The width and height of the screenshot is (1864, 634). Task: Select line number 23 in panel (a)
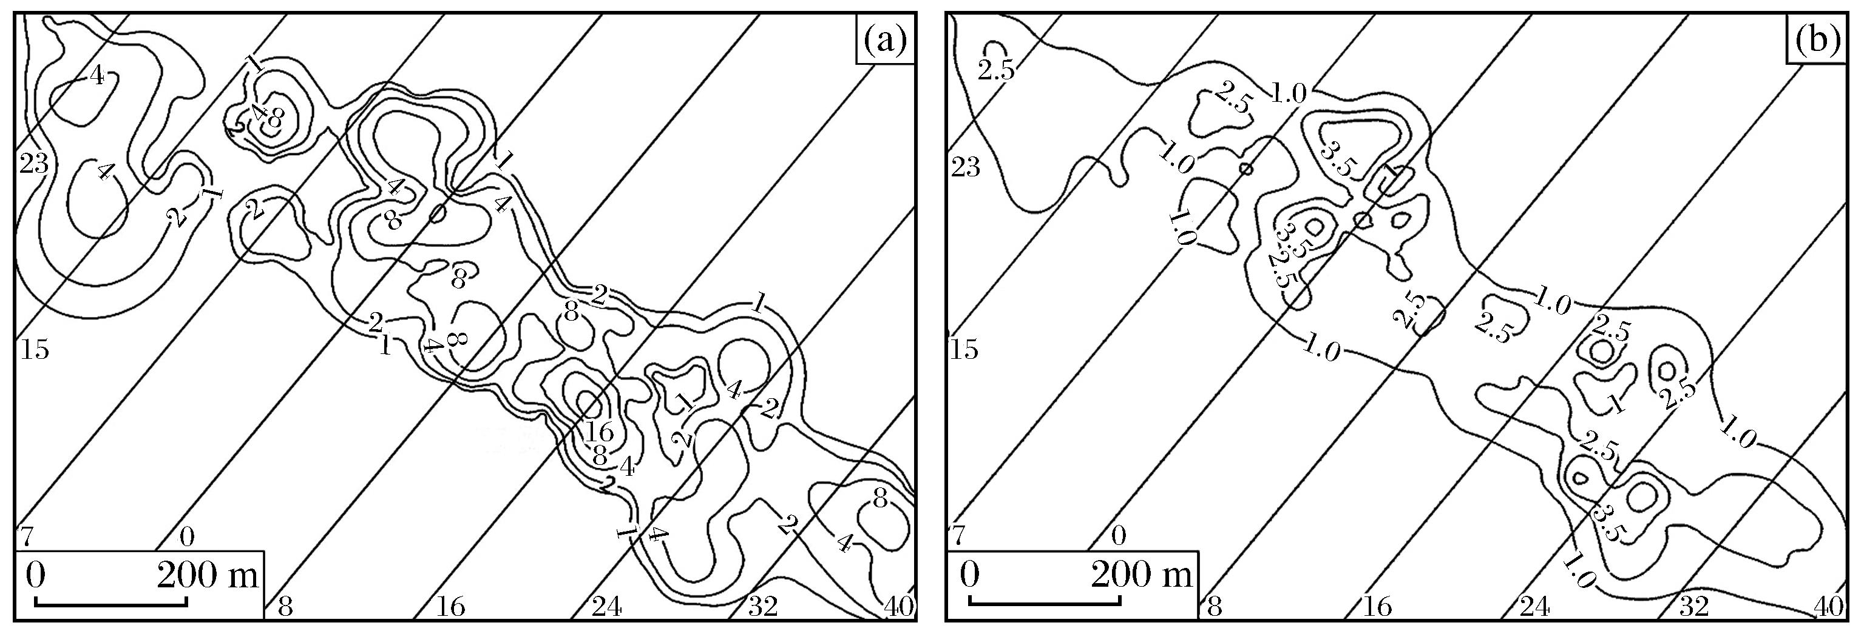point(33,165)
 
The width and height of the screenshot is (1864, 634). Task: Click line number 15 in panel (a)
point(33,349)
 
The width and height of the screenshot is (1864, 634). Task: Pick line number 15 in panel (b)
point(965,349)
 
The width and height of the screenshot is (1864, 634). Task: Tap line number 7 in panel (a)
point(26,536)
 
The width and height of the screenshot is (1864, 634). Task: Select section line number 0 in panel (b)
point(1119,536)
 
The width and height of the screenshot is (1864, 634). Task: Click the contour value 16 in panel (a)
point(600,432)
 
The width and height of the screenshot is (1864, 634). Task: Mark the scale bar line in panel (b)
point(1044,600)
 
